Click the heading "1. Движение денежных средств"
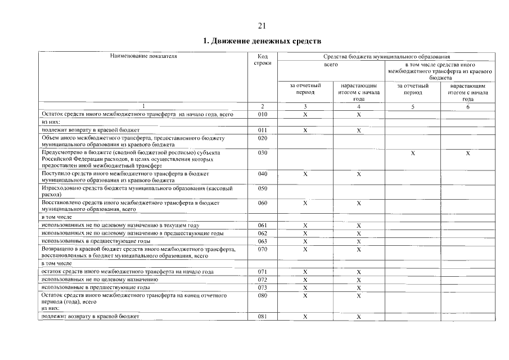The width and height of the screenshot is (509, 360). point(262,42)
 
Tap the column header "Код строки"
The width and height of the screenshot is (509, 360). point(262,60)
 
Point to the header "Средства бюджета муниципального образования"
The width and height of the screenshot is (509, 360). point(386,56)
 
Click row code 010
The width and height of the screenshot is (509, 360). point(262,114)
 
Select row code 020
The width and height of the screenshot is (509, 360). point(262,138)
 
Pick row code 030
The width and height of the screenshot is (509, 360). point(262,152)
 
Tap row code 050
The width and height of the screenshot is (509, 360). point(262,188)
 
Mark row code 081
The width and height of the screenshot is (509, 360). point(262,317)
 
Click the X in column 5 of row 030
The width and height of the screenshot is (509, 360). point(413,152)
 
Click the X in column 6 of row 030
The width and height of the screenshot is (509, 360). point(467,152)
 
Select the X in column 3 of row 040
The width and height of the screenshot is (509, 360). point(305,174)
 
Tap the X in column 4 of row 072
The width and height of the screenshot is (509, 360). point(358,280)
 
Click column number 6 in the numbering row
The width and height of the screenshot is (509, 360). point(467,107)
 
